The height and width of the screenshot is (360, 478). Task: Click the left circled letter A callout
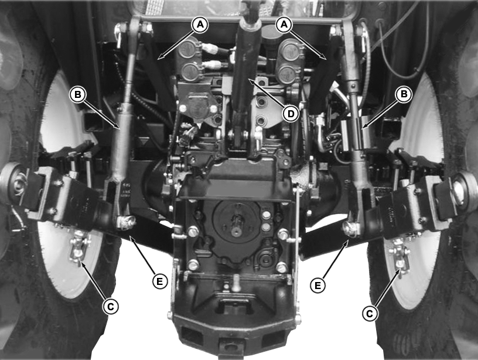point(200,25)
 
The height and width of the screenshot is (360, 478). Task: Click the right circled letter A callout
point(284,25)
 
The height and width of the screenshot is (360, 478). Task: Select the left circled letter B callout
point(78,94)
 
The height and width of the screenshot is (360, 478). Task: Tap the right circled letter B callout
point(404,94)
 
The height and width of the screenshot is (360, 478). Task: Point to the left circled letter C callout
point(110,306)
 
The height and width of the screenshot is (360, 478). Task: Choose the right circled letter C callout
point(369,313)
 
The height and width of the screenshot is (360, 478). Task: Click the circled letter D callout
point(291,114)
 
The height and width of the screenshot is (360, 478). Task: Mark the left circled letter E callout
point(160,281)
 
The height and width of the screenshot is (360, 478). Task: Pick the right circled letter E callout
point(318,286)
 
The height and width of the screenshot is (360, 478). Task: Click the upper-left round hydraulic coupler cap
point(189,49)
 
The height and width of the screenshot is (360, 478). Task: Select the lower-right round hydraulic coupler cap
point(288,74)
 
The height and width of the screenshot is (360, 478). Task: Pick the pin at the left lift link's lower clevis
point(125,222)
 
